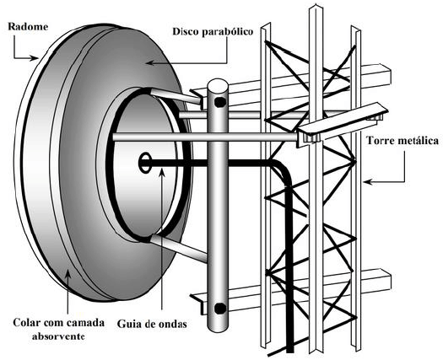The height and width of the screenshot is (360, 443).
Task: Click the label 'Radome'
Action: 28,26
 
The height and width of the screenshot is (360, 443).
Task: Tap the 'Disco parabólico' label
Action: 213,31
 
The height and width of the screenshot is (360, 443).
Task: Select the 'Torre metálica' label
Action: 402,140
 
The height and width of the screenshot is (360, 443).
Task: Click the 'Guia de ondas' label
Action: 152,324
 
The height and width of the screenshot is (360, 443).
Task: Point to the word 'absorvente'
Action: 58,336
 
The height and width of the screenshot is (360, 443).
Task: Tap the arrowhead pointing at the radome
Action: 35,58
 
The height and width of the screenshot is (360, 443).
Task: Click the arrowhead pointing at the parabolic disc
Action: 150,63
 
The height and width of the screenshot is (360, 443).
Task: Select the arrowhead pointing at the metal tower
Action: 368,182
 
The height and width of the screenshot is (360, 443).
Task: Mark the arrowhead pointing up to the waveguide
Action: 162,173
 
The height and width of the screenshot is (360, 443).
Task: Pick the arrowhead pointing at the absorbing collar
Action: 68,274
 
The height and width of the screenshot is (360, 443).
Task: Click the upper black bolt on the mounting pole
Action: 220,102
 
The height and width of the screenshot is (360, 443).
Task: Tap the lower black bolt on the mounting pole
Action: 220,308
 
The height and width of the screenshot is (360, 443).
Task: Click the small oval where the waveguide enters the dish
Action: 145,163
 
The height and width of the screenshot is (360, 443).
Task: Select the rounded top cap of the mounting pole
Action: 218,84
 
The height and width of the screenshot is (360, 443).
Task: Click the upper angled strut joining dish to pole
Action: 176,95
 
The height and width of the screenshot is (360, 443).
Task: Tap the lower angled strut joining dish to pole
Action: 179,249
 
